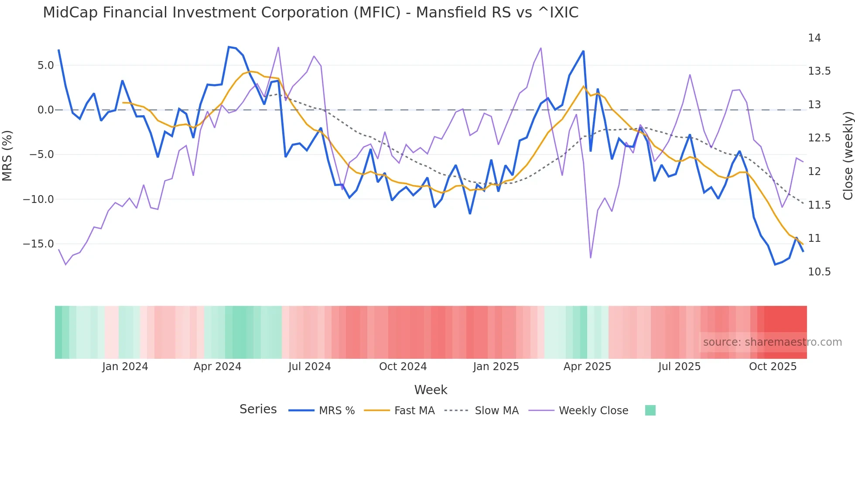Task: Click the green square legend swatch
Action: pyautogui.click(x=650, y=410)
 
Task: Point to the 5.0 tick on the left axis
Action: pyautogui.click(x=45, y=65)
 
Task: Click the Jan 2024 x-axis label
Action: pyautogui.click(x=125, y=367)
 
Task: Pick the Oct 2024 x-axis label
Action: pyautogui.click(x=403, y=367)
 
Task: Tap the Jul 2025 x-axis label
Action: pyautogui.click(x=679, y=367)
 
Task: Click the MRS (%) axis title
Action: pyautogui.click(x=7, y=155)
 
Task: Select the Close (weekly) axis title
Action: pyautogui.click(x=848, y=155)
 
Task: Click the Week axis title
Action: pyautogui.click(x=431, y=390)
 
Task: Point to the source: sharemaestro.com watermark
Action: pyautogui.click(x=772, y=342)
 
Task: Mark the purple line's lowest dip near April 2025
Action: pyautogui.click(x=591, y=258)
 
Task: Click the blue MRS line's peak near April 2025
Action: pyautogui.click(x=583, y=52)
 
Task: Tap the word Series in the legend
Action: pyautogui.click(x=258, y=409)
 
